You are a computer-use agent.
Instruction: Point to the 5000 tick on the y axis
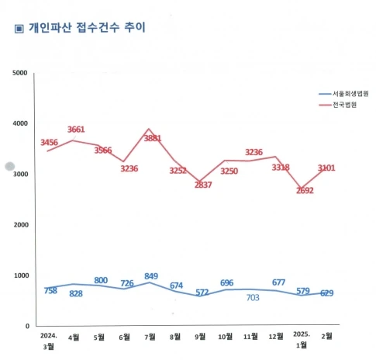19,72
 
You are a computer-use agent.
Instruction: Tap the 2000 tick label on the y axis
19,225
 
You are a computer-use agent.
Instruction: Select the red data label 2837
205,185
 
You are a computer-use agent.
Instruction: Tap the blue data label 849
151,276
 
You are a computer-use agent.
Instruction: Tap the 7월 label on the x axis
150,336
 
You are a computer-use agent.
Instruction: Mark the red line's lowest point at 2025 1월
302,189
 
